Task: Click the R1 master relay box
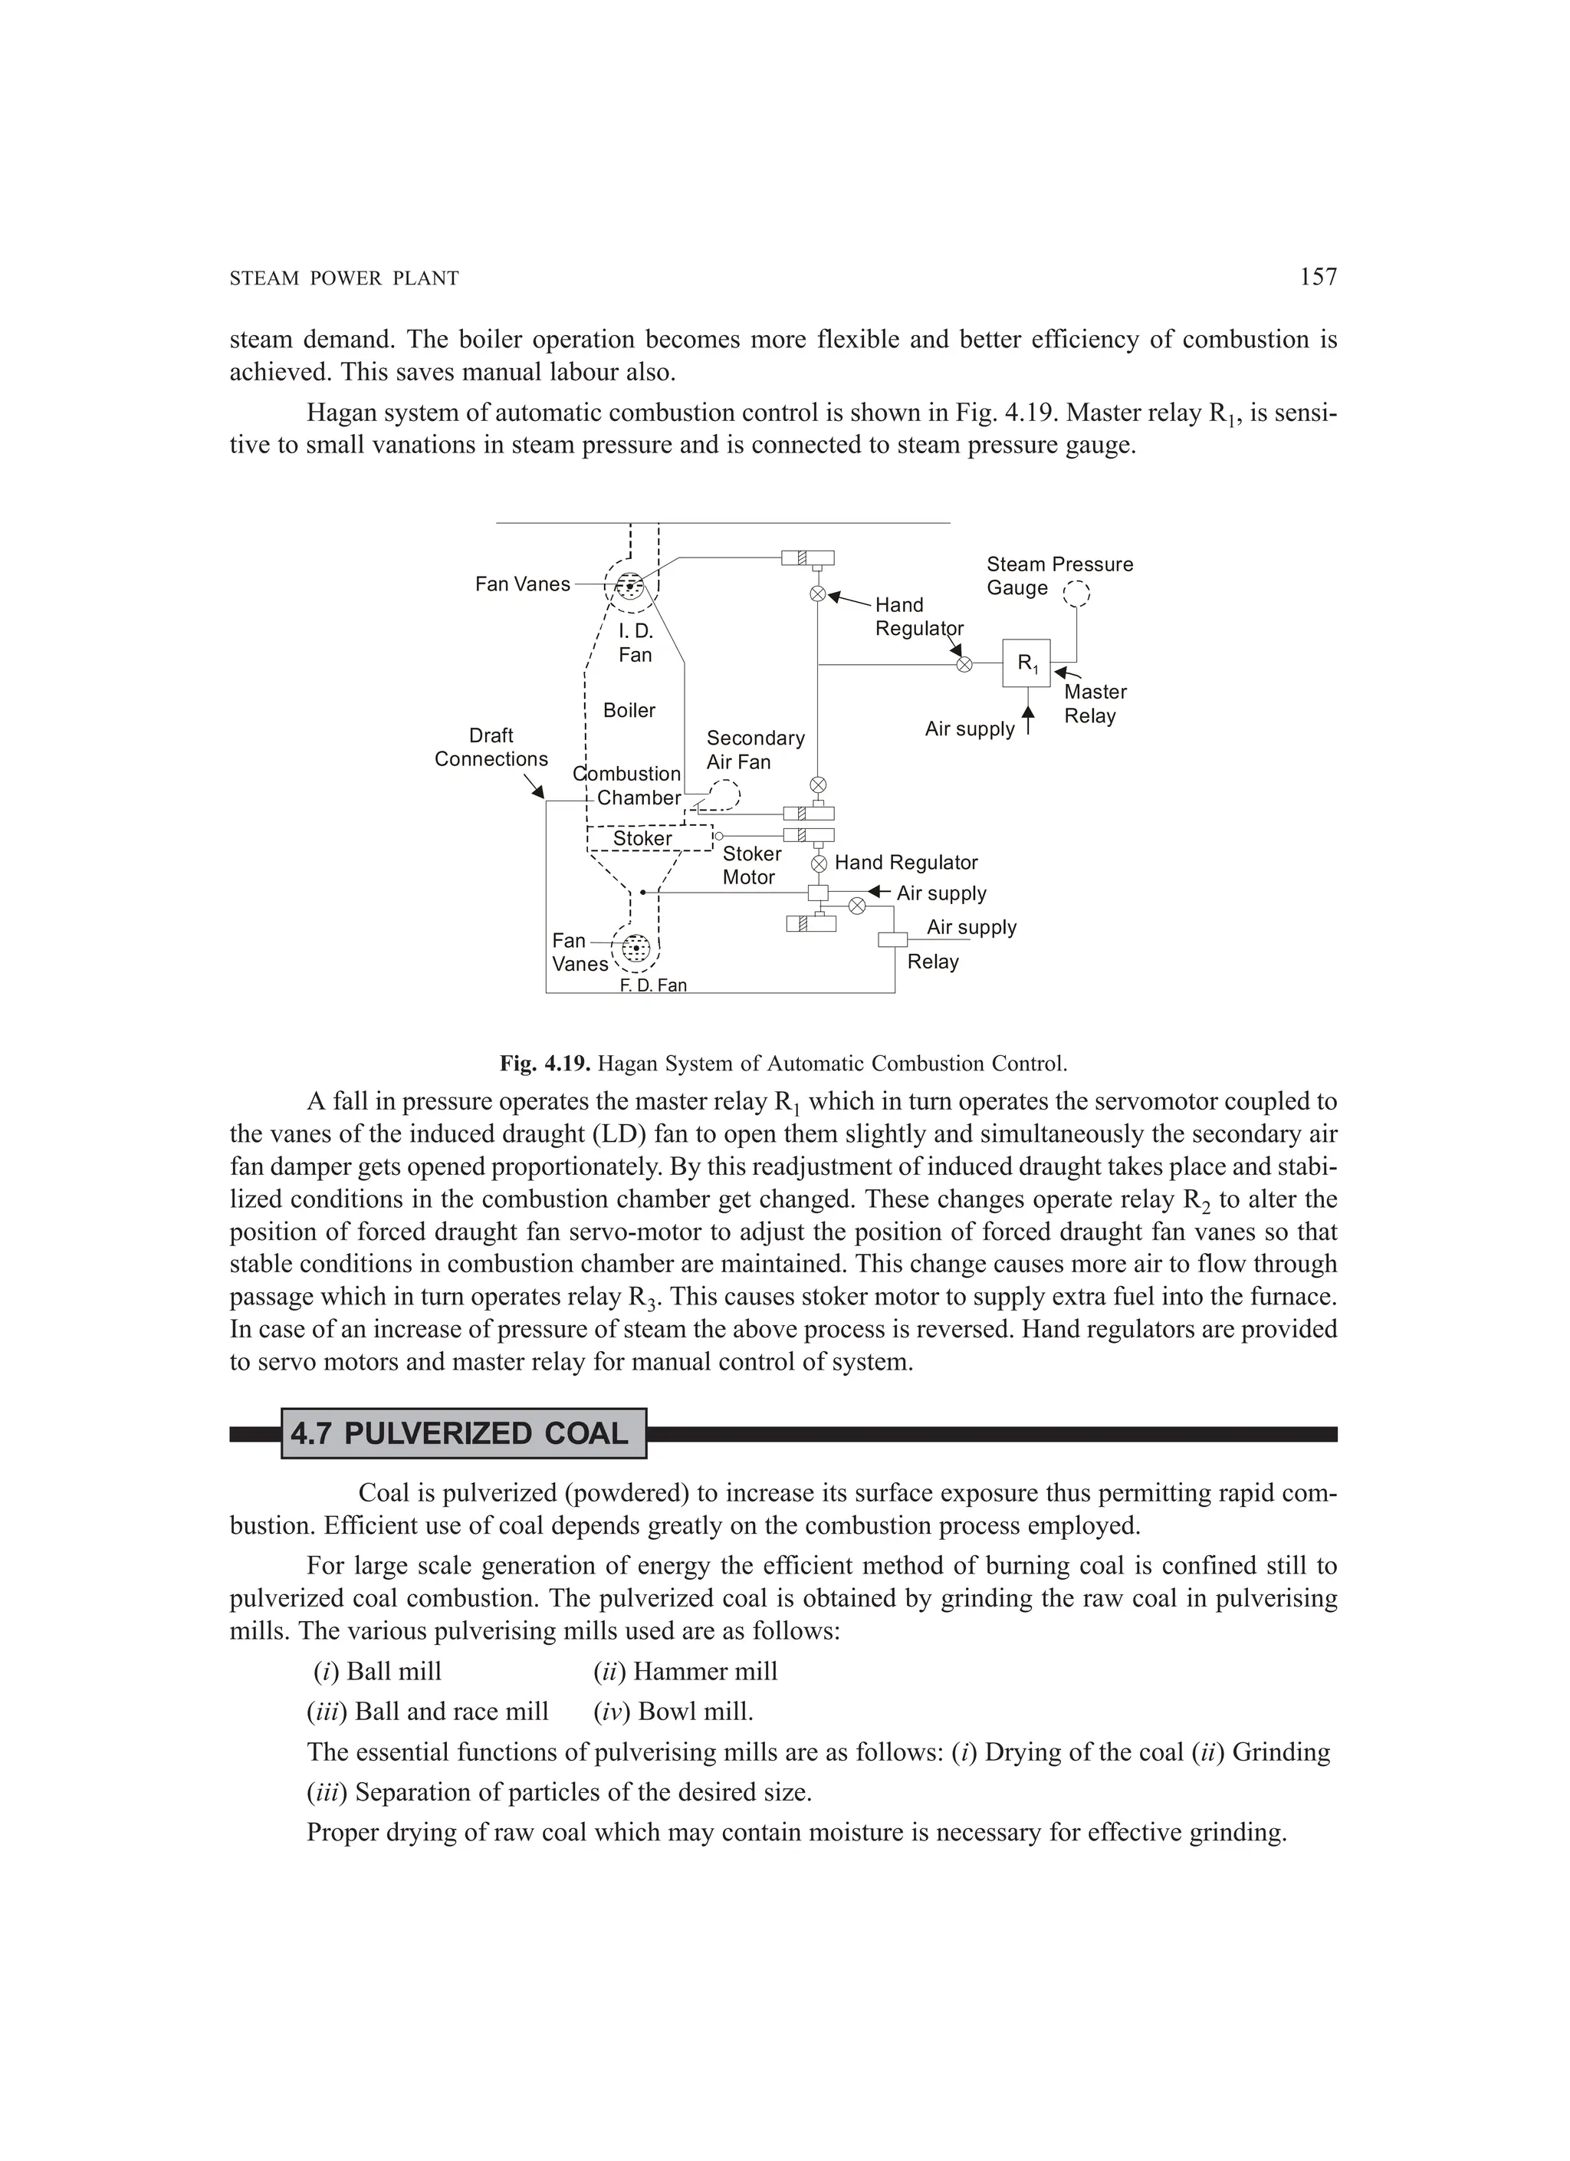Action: pos(1026,663)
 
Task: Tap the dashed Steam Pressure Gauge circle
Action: pos(1076,594)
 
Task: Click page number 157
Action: pos(1318,278)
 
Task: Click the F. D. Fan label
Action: pos(652,985)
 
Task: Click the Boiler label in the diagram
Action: pos(629,711)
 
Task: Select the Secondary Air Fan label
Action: pos(754,750)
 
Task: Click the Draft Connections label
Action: pos(491,747)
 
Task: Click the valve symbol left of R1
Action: pos(964,664)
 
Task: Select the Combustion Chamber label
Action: pos(629,786)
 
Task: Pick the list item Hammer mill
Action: pos(685,1671)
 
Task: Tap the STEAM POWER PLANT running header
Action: pos(344,279)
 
